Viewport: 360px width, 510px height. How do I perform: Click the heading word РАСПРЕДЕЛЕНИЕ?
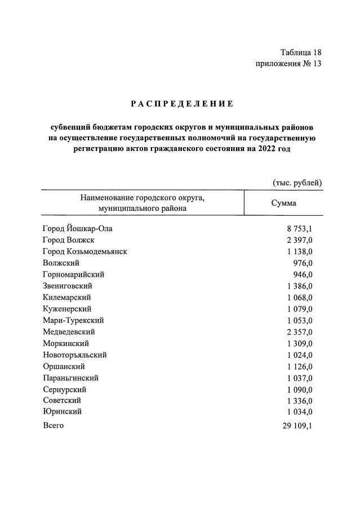click(181, 104)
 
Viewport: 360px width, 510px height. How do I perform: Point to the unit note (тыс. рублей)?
click(297, 182)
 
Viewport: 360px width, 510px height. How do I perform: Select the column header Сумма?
click(283, 203)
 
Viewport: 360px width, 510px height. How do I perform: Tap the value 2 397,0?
click(299, 240)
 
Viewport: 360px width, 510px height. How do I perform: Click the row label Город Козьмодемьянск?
click(85, 251)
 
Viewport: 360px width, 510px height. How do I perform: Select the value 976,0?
click(303, 263)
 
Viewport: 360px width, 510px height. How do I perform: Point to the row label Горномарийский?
click(73, 274)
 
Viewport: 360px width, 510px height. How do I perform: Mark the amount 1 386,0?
click(299, 286)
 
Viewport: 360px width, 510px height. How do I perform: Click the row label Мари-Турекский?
click(73, 320)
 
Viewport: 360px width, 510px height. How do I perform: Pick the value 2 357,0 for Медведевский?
click(299, 332)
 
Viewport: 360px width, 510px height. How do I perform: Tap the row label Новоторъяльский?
click(74, 355)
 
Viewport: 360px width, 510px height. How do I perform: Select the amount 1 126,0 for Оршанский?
click(299, 366)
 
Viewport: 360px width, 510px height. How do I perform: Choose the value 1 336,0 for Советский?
click(299, 401)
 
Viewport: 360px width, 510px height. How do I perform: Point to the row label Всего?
click(53, 425)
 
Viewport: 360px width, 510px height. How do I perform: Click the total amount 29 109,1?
click(297, 425)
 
